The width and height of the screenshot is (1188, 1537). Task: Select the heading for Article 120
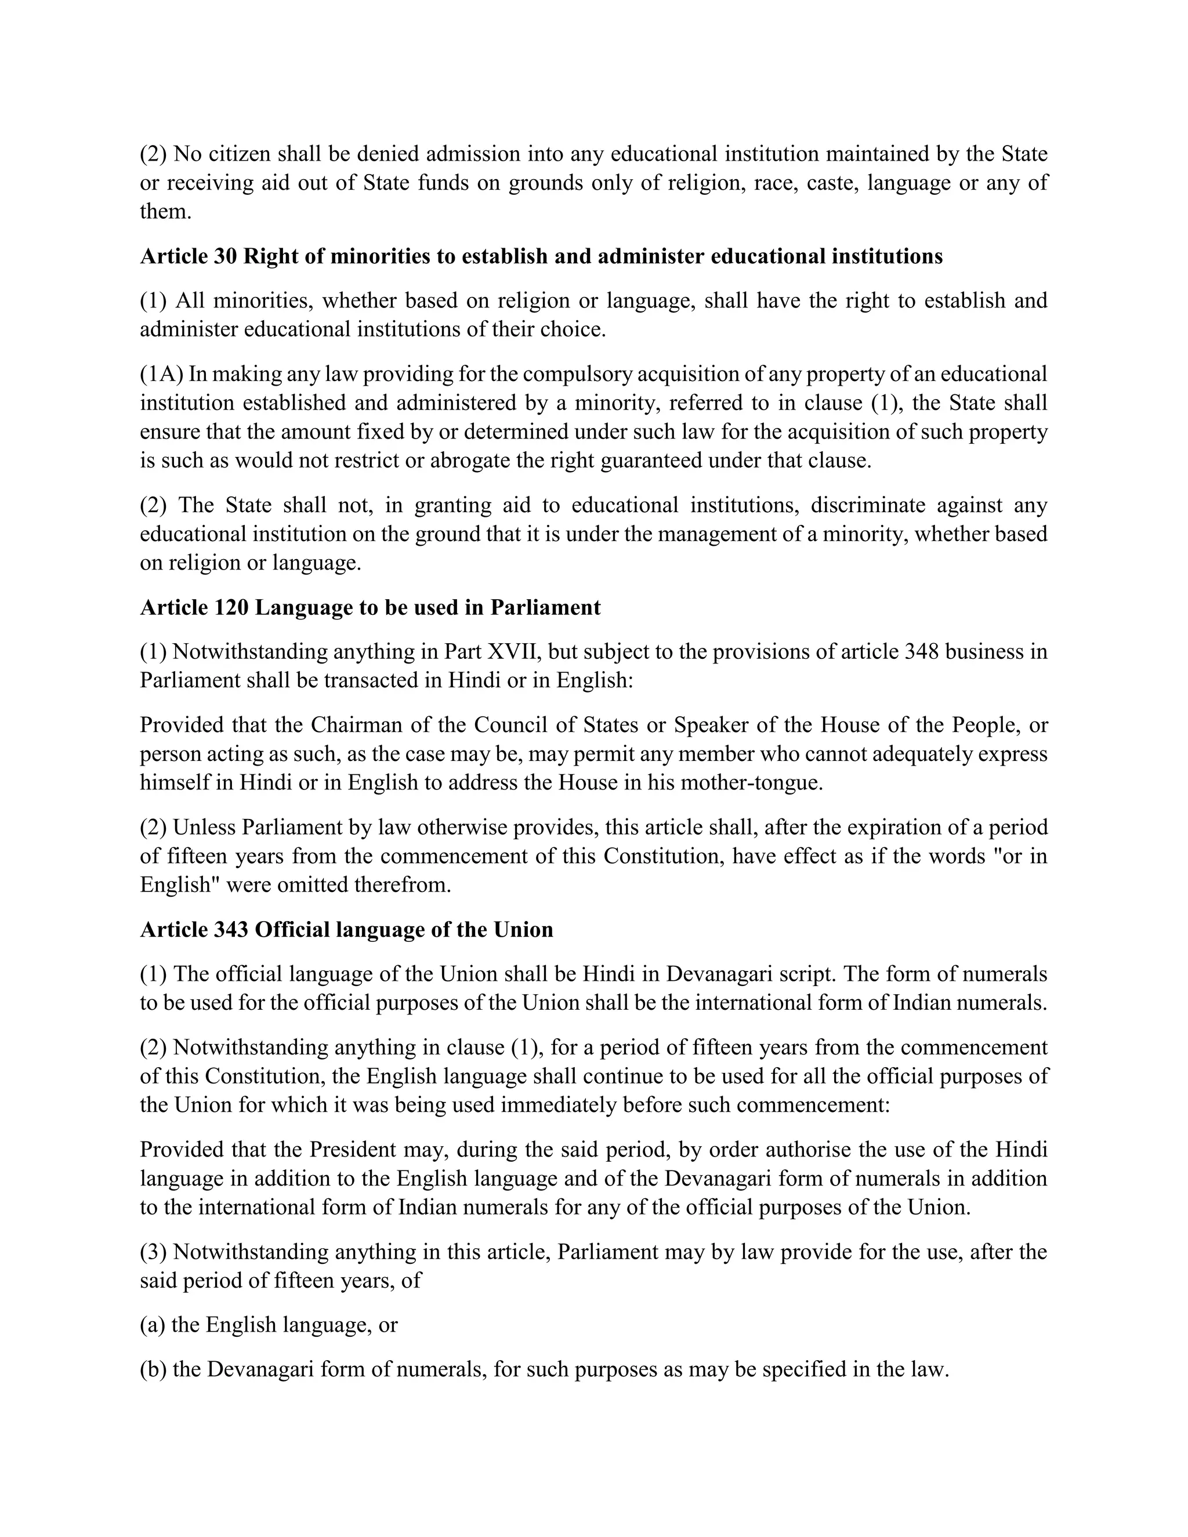tap(370, 607)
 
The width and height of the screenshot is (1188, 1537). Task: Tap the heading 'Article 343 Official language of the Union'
tap(346, 930)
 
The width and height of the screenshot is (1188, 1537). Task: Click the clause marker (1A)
tap(161, 374)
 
